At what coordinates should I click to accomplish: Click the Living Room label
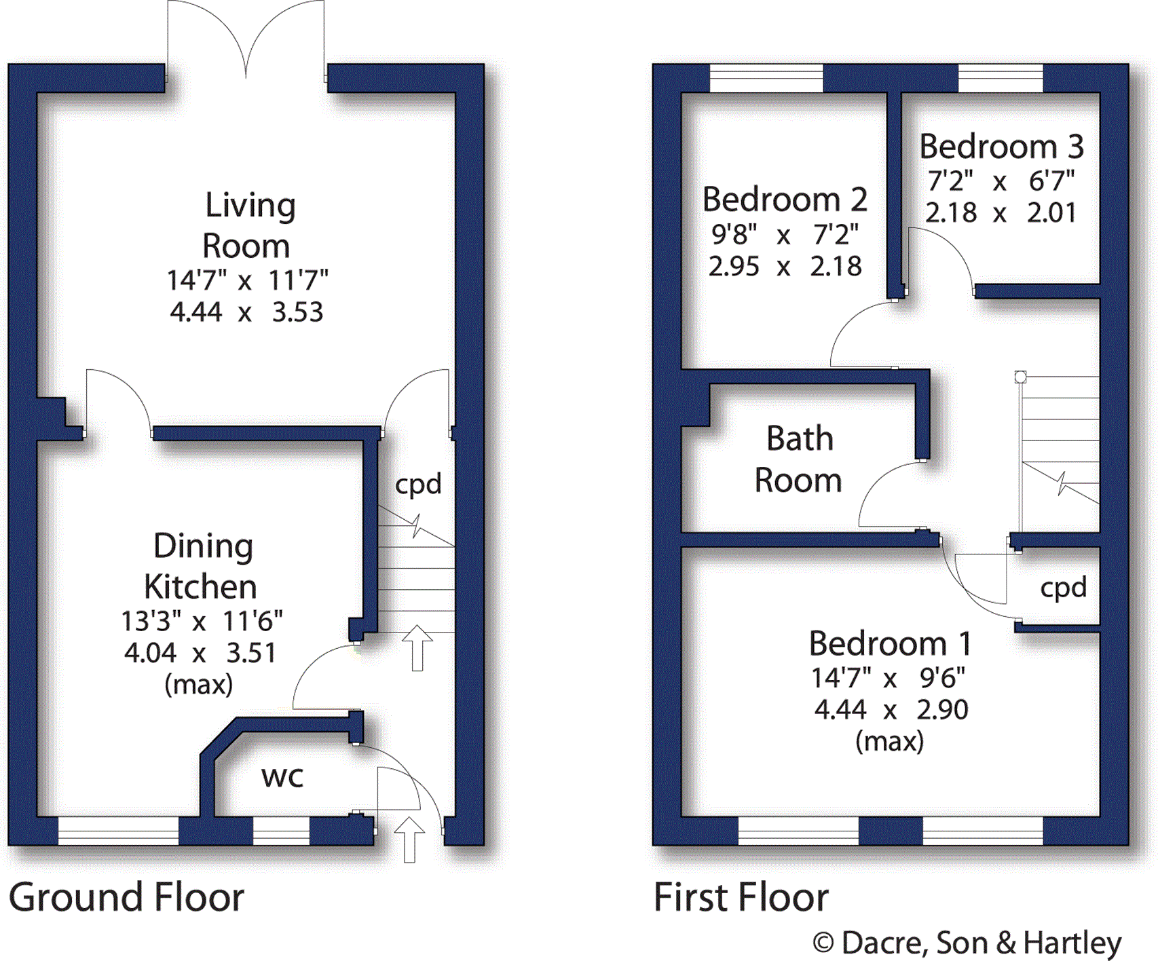248,225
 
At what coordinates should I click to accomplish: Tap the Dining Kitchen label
202,566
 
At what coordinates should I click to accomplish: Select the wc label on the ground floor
282,777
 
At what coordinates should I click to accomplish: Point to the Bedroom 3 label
1001,147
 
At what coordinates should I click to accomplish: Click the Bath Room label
799,459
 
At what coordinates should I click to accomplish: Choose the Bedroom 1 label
890,643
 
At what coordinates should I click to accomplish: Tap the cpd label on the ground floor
418,485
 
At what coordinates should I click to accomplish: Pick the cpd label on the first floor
1063,588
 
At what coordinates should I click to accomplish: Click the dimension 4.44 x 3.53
246,312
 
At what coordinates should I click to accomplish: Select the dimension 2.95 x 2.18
785,266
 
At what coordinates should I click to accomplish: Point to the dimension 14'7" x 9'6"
889,677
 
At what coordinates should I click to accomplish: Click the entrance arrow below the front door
409,840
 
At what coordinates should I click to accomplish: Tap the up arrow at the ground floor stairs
417,647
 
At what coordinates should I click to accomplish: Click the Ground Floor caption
126,897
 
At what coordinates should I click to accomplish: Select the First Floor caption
741,897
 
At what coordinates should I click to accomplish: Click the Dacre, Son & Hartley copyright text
968,943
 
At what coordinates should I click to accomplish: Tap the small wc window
281,831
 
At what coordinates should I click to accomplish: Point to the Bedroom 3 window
1001,78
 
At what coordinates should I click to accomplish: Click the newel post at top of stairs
1020,377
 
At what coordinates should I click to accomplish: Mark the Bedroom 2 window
766,78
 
